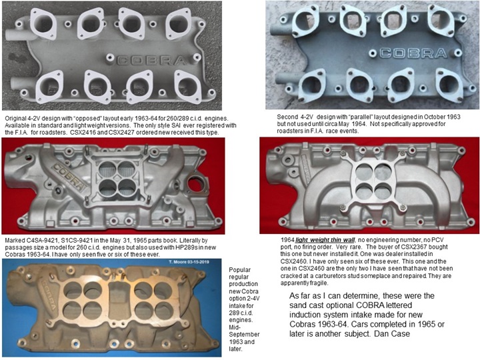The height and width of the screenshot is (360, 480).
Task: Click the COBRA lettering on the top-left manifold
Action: coord(151,60)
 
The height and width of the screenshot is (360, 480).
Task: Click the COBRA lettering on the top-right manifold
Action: coord(413,53)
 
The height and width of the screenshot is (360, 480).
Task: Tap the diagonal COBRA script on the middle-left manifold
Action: coord(69,176)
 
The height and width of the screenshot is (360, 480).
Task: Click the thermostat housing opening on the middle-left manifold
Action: coord(195,184)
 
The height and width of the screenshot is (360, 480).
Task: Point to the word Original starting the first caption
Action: coord(15,118)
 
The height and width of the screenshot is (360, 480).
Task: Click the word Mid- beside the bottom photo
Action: coord(235,327)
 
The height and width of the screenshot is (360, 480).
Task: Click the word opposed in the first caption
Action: coord(87,118)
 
